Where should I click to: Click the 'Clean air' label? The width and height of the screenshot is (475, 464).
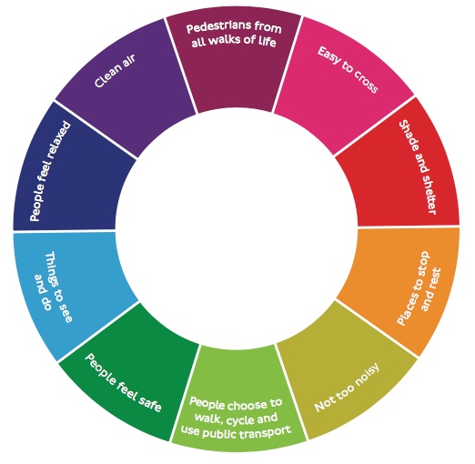coord(115,71)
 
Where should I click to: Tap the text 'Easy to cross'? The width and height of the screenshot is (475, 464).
coord(348,69)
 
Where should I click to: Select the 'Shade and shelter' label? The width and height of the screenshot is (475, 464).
coord(418,167)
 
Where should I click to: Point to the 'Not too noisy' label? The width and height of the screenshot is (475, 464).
coord(347,387)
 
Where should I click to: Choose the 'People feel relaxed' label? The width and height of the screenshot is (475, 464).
coord(50,171)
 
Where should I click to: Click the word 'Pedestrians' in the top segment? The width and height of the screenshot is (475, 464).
coord(218,27)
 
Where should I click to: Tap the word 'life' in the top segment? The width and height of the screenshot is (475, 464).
coord(267,42)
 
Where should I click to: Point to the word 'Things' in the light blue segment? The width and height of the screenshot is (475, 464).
coord(51,268)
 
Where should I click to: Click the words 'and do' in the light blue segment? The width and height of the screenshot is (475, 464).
coord(42,292)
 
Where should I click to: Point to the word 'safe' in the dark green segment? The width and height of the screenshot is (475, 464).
coord(149,403)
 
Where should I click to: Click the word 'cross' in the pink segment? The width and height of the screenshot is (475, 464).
coord(366,83)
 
